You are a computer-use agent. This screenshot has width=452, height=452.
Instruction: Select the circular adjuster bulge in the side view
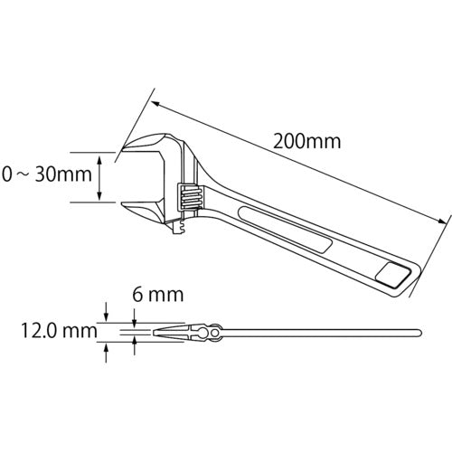pyautogui.click(x=215, y=334)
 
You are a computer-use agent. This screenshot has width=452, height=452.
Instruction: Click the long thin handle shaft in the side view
pyautogui.click(x=316, y=333)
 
